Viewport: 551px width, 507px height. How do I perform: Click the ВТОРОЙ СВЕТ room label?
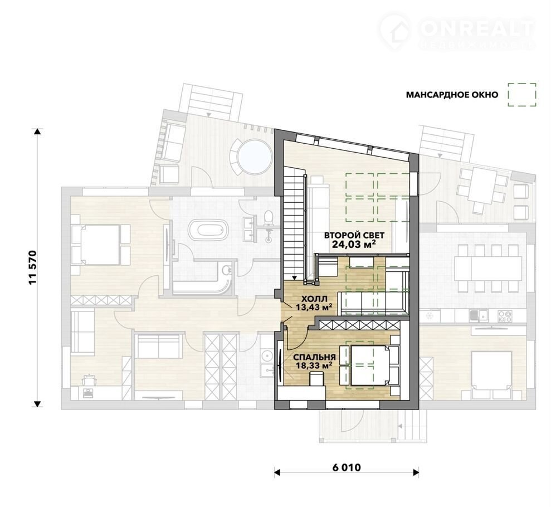pos(354,235)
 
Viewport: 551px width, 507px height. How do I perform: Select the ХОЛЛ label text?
pos(315,299)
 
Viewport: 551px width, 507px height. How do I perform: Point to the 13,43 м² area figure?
pos(314,308)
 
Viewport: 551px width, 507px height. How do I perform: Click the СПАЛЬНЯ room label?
pos(315,357)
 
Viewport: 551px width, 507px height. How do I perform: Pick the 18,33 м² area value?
pos(314,365)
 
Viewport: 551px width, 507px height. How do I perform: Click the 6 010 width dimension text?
pos(347,467)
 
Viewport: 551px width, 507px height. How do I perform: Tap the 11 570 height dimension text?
pos(33,268)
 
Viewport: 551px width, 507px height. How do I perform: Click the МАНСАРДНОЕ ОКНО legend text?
pos(452,95)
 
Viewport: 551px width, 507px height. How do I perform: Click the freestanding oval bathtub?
pos(208,230)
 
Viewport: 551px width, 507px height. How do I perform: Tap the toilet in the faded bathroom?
pos(269,217)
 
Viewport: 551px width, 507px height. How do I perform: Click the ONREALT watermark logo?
pos(457,31)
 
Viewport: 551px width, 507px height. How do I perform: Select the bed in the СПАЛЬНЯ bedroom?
pos(370,365)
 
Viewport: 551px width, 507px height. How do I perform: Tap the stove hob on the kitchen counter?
pos(505,316)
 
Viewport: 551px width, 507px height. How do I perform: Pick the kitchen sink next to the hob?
pos(479,316)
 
